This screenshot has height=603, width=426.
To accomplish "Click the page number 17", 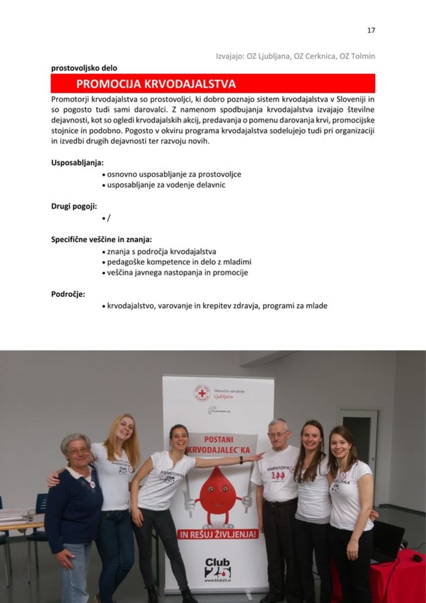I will [x=371, y=31].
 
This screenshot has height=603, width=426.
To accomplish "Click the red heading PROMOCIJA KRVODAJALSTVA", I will [x=156, y=84].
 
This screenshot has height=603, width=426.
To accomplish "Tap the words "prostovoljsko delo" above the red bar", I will [x=84, y=68].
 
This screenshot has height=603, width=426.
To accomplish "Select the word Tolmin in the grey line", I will [x=363, y=57].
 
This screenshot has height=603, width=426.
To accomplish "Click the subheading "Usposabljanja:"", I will [x=77, y=163].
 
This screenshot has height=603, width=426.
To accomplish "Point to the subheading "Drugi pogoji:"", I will [x=74, y=206].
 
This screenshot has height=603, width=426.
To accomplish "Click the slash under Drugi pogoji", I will [x=109, y=218].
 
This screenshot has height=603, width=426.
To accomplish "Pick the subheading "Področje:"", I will [x=68, y=293].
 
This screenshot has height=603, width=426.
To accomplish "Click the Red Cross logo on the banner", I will [x=202, y=393].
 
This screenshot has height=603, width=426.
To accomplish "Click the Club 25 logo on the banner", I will [x=217, y=568].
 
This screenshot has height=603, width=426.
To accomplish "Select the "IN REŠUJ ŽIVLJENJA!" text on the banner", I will [x=217, y=534].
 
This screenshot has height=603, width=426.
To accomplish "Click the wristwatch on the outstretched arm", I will [x=242, y=460].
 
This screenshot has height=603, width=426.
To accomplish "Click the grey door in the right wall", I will [x=359, y=441].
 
